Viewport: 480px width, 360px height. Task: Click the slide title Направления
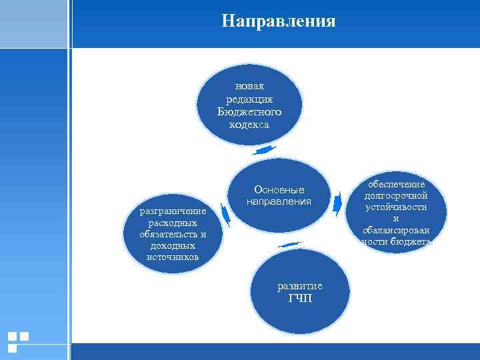279,21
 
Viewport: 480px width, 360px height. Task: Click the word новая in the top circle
249,86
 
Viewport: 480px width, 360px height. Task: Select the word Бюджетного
249,111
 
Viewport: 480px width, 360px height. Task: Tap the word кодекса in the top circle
249,124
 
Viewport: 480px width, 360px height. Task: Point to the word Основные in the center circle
279,189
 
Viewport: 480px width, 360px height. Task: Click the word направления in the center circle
279,201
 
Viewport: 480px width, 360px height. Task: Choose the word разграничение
173,211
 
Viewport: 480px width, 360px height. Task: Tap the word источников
173,257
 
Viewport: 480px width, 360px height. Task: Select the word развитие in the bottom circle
300,286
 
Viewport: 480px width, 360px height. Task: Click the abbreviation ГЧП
300,298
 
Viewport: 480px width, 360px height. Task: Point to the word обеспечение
396,185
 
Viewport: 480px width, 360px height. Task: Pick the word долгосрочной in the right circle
396,196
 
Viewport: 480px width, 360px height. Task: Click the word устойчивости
396,207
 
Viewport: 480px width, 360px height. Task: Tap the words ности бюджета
396,241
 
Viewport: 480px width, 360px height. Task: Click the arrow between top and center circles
265,151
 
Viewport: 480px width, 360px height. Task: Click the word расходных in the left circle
173,223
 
